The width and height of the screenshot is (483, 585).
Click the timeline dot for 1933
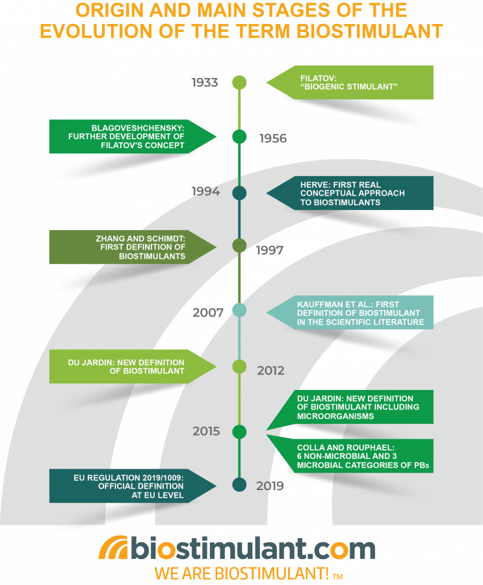pyautogui.click(x=239, y=83)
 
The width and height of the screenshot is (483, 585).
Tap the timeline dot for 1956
pyautogui.click(x=239, y=136)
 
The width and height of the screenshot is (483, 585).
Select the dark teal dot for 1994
pyautogui.click(x=239, y=193)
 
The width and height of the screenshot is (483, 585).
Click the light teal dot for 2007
pyautogui.click(x=239, y=311)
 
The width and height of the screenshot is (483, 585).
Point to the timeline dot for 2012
pyautogui.click(x=239, y=367)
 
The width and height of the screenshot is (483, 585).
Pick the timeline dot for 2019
pyautogui.click(x=239, y=485)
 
